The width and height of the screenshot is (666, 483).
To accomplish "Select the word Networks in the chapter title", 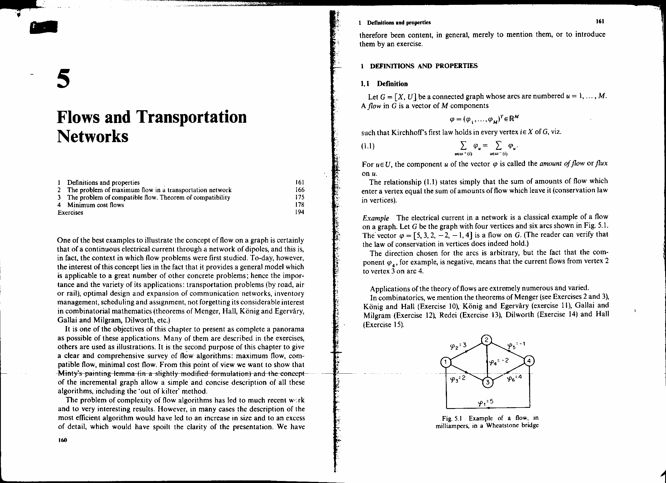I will click(93, 136).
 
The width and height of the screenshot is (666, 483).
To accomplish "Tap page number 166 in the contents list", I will click(299, 190).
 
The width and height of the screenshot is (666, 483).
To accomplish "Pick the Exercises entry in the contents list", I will click(70, 212).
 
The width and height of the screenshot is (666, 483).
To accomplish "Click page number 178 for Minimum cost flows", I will click(299, 205).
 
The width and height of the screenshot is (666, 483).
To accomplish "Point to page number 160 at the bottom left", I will click(63, 440).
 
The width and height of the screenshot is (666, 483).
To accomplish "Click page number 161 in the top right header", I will click(600, 21).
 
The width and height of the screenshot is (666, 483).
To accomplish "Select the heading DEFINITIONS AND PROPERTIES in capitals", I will click(424, 66).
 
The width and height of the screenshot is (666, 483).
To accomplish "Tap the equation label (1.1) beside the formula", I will click(368, 146).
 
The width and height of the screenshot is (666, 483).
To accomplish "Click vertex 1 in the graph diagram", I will click(446, 362).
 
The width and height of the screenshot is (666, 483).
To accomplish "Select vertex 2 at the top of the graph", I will click(487, 340).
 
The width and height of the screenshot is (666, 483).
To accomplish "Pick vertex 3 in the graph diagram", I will click(487, 382).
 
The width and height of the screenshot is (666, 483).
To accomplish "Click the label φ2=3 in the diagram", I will click(458, 346).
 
